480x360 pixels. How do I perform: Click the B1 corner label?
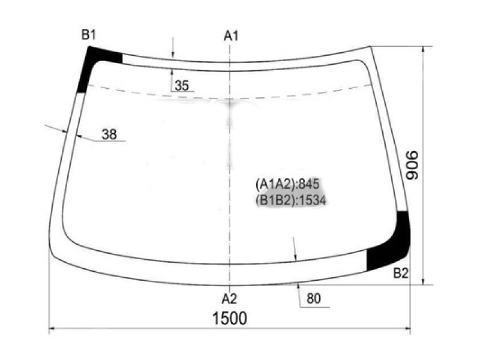point(89,35)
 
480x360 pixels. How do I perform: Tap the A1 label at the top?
point(231,36)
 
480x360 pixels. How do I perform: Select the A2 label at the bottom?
point(229,298)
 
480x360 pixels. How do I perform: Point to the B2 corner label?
point(401,274)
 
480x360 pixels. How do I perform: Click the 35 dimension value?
point(182,86)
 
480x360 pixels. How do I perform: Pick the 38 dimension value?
point(109,134)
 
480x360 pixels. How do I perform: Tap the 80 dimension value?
point(313,298)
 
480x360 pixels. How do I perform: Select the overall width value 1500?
point(230,319)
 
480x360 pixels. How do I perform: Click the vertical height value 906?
point(412,165)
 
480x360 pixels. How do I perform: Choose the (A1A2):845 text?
point(287,184)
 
